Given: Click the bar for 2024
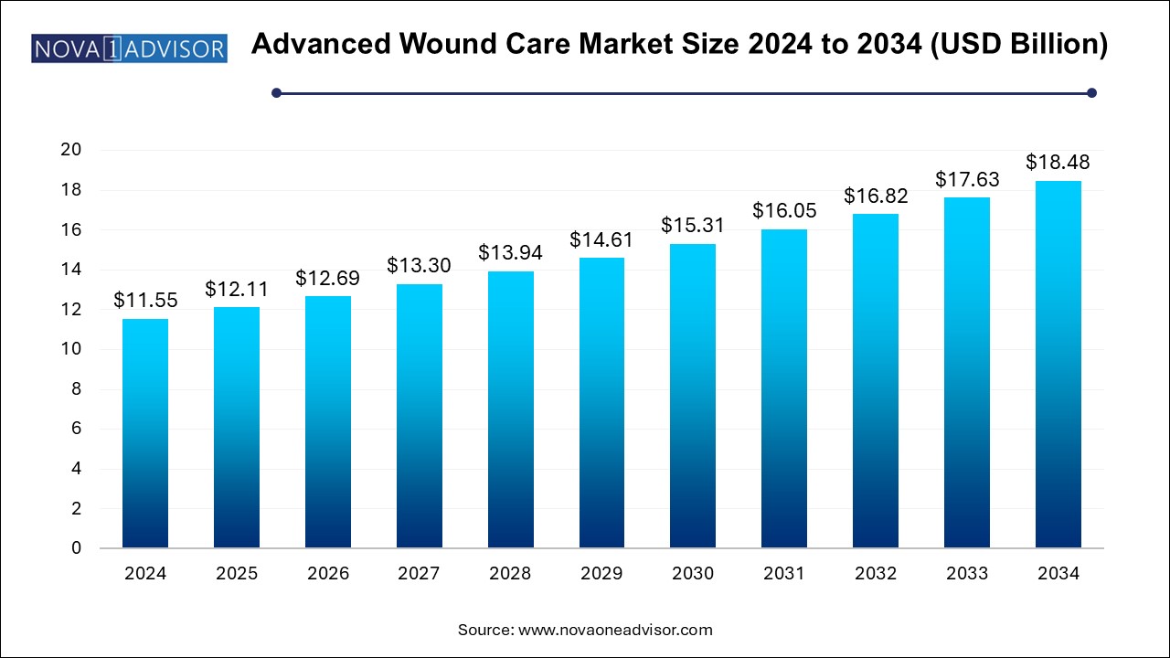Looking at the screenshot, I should pyautogui.click(x=145, y=433).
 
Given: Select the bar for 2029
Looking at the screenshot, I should pyautogui.click(x=601, y=403).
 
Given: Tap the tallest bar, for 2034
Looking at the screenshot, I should pyautogui.click(x=1058, y=365).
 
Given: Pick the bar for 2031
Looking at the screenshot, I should pyautogui.click(x=784, y=388).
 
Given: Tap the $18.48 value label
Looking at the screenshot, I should pyautogui.click(x=1058, y=162).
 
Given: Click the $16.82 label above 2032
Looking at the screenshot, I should pyautogui.click(x=876, y=195).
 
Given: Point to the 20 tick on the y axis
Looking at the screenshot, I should pyautogui.click(x=71, y=150).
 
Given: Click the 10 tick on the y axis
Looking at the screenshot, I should pyautogui.click(x=71, y=349).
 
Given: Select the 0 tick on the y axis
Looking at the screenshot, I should pyautogui.click(x=77, y=548).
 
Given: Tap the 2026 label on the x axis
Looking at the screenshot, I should pyautogui.click(x=328, y=574).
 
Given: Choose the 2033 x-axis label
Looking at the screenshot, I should pyautogui.click(x=967, y=574).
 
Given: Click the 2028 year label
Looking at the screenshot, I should pyautogui.click(x=511, y=574).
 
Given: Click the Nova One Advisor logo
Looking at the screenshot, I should pyautogui.click(x=129, y=48).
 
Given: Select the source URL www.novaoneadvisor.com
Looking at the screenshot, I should pyautogui.click(x=615, y=630).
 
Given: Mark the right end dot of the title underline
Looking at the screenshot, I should pyautogui.click(x=1090, y=92).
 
